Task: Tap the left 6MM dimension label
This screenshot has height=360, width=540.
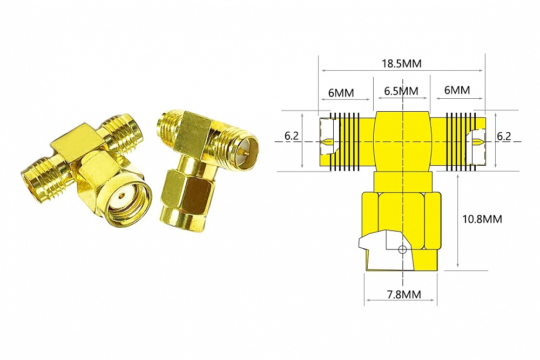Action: pyautogui.click(x=341, y=92)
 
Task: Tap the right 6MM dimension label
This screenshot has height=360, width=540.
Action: pyautogui.click(x=457, y=90)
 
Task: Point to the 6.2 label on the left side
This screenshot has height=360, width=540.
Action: pyautogui.click(x=292, y=136)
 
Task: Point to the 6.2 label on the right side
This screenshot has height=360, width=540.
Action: pyautogui.click(x=504, y=136)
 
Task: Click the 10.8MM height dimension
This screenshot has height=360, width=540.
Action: pyautogui.click(x=482, y=219)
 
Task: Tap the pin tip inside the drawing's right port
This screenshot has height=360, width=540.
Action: pyautogui.click(x=478, y=142)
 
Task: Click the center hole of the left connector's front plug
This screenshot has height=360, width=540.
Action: pyautogui.click(x=127, y=193)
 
